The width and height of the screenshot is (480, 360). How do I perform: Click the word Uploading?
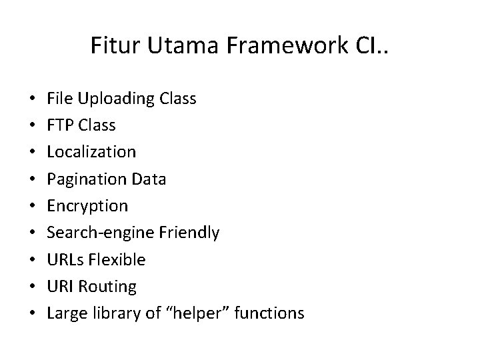pyautogui.click(x=117, y=99)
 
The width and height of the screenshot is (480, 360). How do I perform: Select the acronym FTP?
pyautogui.click(x=61, y=125)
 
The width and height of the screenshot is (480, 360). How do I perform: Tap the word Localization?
pyautogui.click(x=91, y=152)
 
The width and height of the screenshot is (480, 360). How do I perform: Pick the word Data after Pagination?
pyautogui.click(x=151, y=179)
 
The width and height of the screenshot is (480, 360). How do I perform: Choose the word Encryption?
pyautogui.click(x=87, y=206)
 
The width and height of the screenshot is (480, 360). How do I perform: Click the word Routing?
pyautogui.click(x=107, y=287)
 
